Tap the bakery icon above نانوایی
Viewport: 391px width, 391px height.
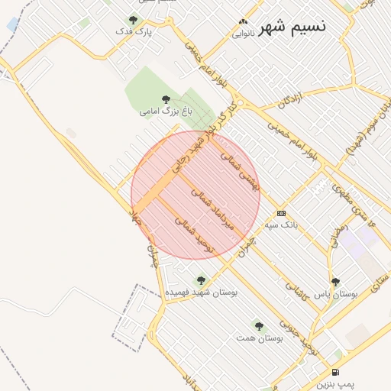pyautogui.click(x=243, y=22)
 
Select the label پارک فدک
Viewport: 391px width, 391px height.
pyautogui.click(x=134, y=32)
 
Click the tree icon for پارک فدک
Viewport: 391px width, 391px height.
pyautogui.click(x=133, y=20)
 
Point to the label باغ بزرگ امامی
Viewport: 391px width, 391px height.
pyautogui.click(x=166, y=111)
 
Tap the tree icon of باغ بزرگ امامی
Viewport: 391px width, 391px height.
pyautogui.click(x=166, y=99)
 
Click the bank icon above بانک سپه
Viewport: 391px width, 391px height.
pyautogui.click(x=282, y=213)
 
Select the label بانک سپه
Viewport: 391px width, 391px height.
pyautogui.click(x=282, y=225)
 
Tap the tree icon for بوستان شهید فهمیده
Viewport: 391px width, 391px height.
pyautogui.click(x=201, y=280)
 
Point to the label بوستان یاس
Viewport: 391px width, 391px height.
pyautogui.click(x=336, y=294)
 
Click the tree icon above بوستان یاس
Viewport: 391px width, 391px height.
pyautogui.click(x=335, y=282)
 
